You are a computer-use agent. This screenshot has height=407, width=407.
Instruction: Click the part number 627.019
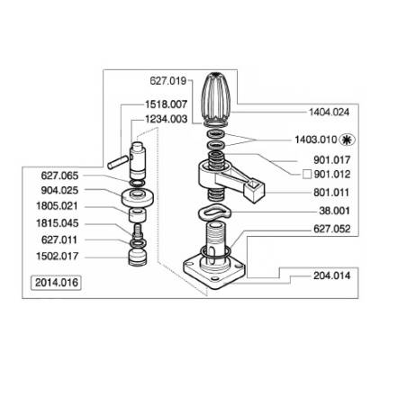click(x=168, y=81)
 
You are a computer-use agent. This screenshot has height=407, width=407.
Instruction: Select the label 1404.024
click(x=330, y=113)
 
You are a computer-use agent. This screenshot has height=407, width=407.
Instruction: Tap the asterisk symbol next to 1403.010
click(x=347, y=140)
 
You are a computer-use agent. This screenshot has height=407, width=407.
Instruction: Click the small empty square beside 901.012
click(x=307, y=175)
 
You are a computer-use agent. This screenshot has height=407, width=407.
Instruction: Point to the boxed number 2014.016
click(x=57, y=283)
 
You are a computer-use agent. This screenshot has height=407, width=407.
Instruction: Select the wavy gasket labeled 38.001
click(x=214, y=212)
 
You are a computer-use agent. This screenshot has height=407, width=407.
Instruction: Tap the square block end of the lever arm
click(x=255, y=191)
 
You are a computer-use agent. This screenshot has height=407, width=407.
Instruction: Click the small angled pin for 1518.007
click(x=118, y=161)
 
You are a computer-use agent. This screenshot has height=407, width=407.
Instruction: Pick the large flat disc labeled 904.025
click(x=138, y=197)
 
